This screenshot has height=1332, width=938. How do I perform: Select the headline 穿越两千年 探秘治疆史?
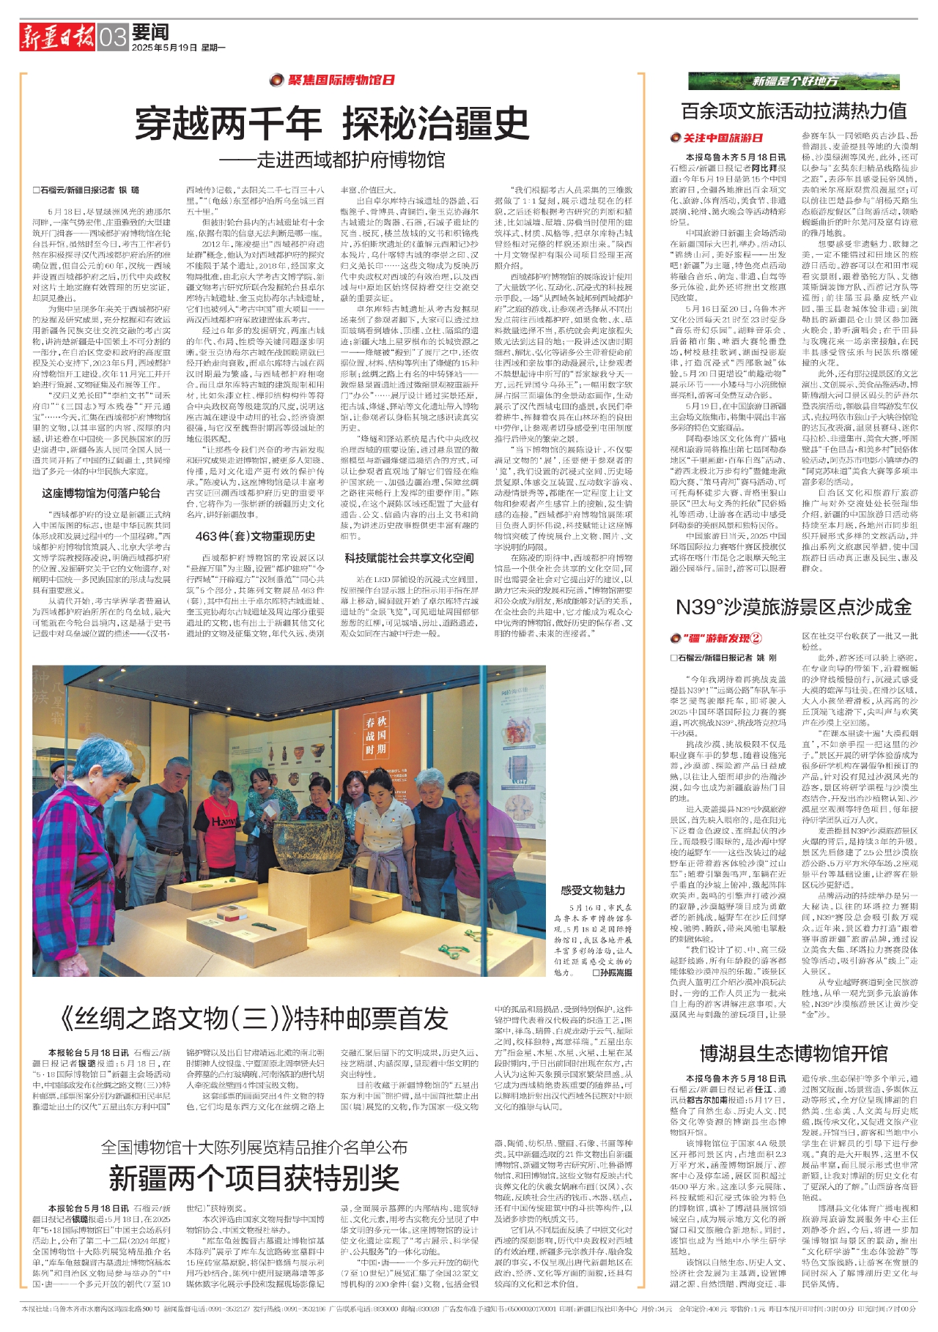pos(332,123)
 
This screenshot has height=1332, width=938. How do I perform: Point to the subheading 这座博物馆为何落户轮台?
pos(101,494)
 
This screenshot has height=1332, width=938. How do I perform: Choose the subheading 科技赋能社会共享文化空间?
pos(409,558)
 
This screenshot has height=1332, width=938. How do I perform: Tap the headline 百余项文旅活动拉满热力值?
pos(794,111)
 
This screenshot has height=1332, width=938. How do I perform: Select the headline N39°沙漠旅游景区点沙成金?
pos(794,607)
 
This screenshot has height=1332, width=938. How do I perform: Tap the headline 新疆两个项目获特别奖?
pos(254,1178)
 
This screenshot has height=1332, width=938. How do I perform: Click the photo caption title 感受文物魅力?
pos(593,890)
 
